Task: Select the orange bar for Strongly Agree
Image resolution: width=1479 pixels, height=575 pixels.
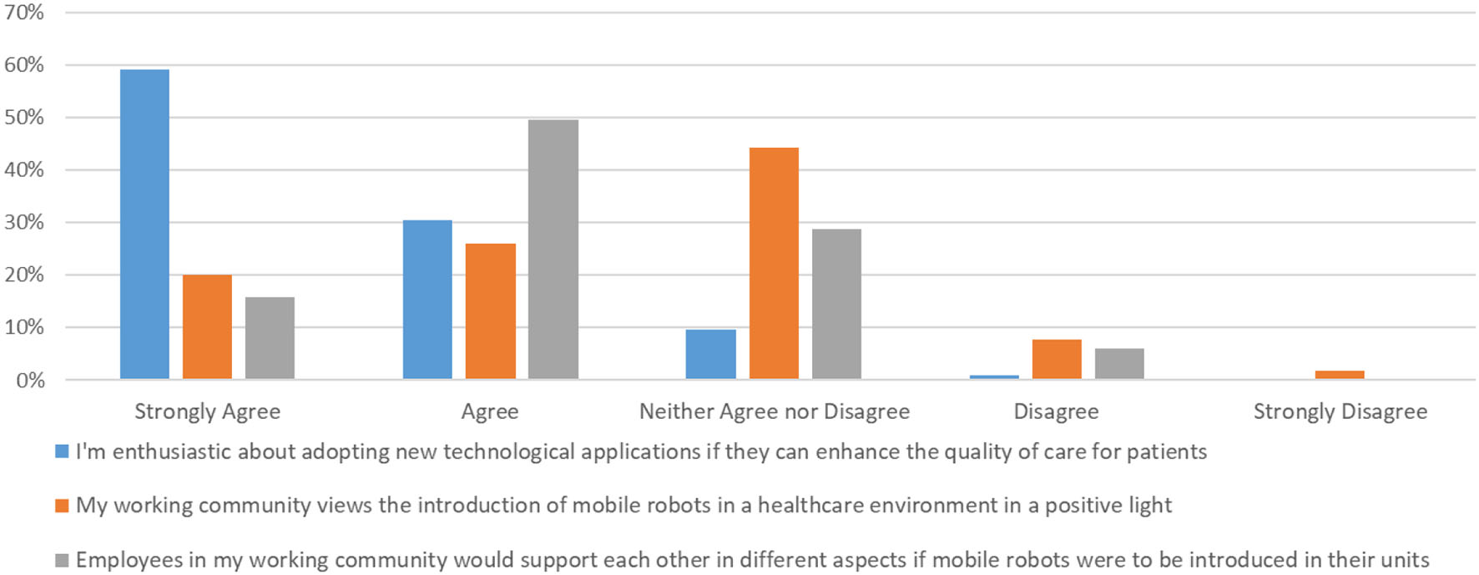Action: [x=207, y=326]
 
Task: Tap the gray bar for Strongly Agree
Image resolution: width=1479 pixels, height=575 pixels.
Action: [x=270, y=337]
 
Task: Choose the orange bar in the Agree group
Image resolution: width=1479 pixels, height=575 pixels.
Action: [x=490, y=310]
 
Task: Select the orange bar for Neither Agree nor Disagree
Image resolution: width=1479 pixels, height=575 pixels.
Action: [x=774, y=263]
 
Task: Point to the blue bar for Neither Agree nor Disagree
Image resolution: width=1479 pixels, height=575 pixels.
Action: [x=710, y=354]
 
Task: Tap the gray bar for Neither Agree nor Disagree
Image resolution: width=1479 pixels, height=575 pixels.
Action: [x=836, y=304]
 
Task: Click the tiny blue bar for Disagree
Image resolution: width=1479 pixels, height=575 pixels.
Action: [x=994, y=377]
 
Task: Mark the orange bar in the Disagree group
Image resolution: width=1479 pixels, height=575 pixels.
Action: [x=1057, y=359]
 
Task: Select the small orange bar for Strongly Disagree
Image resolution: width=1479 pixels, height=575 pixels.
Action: [x=1340, y=375]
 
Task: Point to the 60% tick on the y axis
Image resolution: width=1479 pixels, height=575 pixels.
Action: [x=23, y=65]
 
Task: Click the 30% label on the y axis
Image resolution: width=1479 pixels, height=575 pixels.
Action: [x=23, y=222]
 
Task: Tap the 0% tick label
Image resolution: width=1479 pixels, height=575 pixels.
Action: [x=30, y=381]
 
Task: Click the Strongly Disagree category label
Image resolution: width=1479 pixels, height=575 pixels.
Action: [x=1340, y=411]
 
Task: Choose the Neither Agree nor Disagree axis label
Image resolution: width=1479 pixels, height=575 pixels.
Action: [x=774, y=411]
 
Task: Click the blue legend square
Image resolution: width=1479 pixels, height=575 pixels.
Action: [x=62, y=451]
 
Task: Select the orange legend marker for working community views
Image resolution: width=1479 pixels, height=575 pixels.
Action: [x=62, y=506]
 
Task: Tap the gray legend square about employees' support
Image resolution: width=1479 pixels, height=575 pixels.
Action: [x=62, y=560]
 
